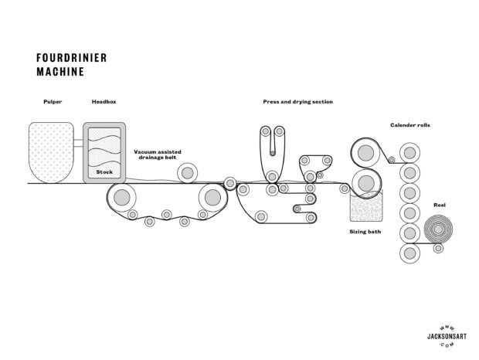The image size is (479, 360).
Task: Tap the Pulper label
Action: pos(53,102)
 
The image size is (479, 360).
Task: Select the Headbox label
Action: pos(104,102)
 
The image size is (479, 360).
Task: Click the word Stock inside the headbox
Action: pos(104,172)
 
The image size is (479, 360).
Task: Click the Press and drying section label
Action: pos(297,102)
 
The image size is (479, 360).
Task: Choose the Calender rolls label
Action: pos(409,124)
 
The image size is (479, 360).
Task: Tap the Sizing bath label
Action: pos(363,230)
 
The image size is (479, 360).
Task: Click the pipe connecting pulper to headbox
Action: pos(78,141)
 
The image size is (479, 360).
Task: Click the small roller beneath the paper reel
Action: pos(439,249)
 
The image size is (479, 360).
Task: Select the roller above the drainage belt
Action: pos(186,172)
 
